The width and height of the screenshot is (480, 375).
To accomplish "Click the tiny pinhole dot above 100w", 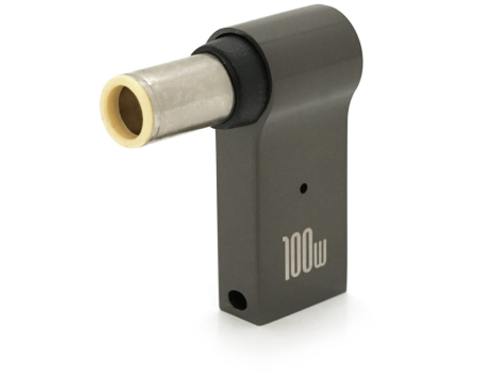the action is [x=303, y=187].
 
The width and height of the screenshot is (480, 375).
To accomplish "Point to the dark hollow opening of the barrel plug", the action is [x=128, y=109].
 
